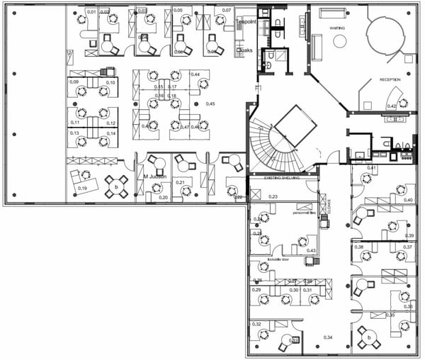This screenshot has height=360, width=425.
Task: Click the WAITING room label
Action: [336, 28]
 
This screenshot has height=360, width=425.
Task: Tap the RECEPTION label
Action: [391, 80]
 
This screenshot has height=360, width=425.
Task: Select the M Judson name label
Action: [155, 176]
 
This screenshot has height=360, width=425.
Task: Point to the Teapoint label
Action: [246, 22]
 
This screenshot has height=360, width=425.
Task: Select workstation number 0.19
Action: [83, 188]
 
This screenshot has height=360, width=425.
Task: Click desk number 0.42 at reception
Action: [391, 106]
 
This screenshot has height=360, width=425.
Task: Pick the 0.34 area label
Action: [327, 337]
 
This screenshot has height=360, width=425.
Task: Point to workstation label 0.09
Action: [74, 82]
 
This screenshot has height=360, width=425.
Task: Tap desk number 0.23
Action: [273, 196]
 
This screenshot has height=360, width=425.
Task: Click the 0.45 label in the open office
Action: [210, 104]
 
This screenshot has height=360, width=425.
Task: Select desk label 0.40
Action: [408, 200]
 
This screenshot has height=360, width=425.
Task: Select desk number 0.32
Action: [256, 324]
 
